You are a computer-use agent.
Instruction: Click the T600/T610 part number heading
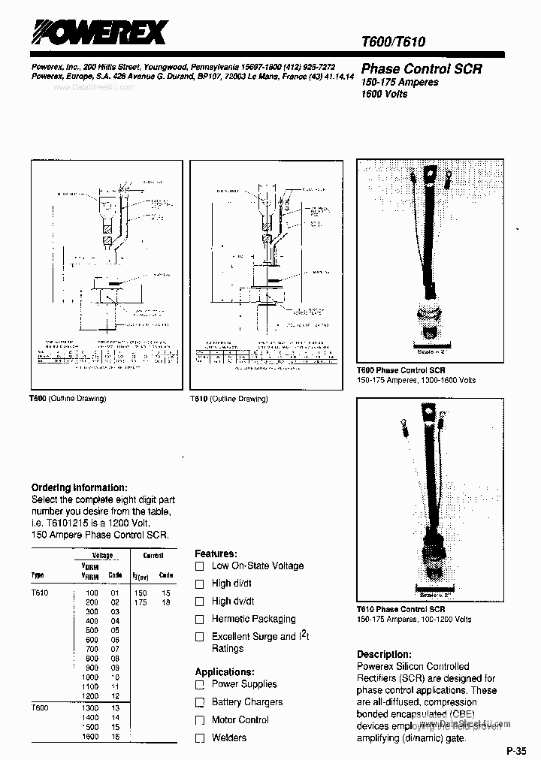[393, 42]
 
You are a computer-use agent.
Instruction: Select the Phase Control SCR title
[422, 68]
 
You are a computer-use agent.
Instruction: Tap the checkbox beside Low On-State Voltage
[200, 565]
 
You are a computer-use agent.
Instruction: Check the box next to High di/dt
[200, 584]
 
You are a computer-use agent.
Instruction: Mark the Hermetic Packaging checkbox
[200, 620]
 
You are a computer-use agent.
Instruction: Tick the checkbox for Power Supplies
[200, 684]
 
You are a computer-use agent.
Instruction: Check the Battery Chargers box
[200, 702]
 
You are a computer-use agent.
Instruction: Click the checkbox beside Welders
[200, 738]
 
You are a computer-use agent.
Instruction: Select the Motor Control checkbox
[200, 720]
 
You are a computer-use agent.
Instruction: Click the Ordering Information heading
[79, 487]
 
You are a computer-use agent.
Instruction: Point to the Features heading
[216, 553]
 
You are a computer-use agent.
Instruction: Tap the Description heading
[384, 654]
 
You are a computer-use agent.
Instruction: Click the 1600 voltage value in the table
[89, 737]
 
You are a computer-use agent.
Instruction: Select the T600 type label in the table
[40, 708]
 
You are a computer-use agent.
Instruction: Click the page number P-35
[518, 750]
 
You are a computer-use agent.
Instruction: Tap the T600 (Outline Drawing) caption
[68, 398]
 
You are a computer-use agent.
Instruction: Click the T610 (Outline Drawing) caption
[229, 399]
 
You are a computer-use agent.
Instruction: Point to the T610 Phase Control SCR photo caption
[400, 609]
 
